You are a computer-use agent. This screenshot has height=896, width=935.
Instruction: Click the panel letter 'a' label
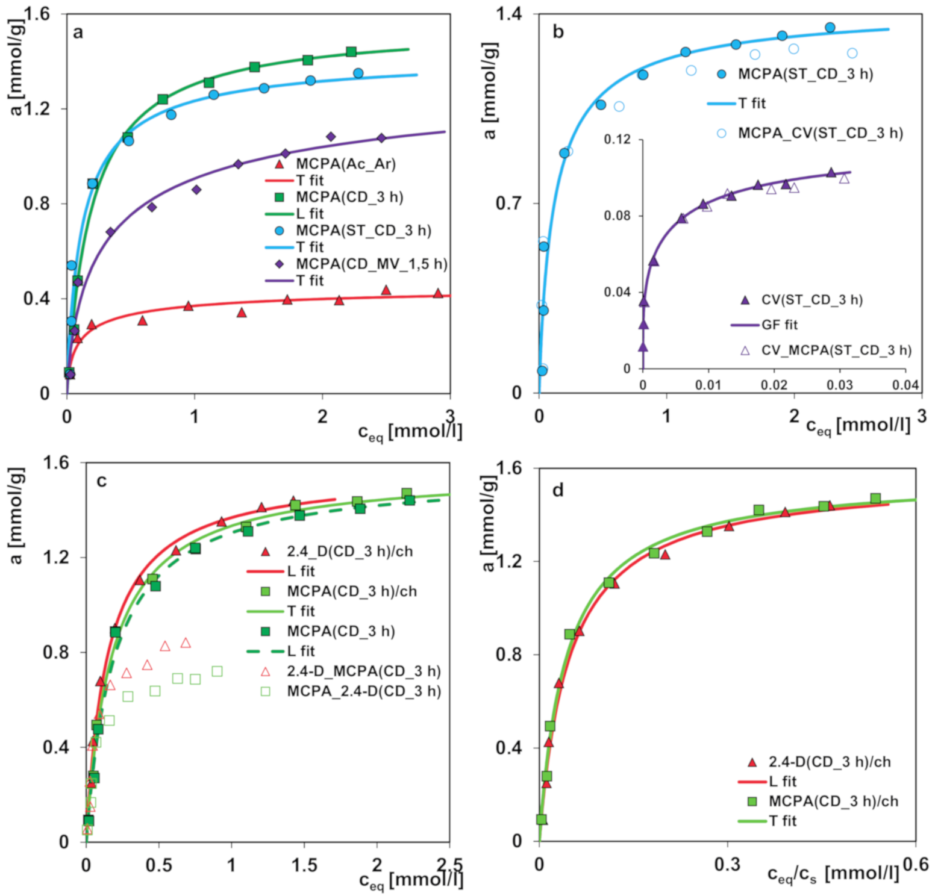coord(78,32)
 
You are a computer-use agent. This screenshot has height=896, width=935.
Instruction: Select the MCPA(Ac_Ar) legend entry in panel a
coord(345,164)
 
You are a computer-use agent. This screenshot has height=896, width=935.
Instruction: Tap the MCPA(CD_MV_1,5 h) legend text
coord(371,264)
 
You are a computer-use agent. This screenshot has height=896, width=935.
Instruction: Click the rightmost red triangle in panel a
coord(438,293)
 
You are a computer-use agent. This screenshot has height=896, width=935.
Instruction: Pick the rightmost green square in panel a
coord(351,52)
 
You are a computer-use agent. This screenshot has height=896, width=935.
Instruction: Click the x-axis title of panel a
coord(410,432)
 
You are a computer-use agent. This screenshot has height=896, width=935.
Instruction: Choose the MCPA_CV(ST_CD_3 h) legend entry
coord(820,133)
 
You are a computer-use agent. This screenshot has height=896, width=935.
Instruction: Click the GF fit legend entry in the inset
coord(779,325)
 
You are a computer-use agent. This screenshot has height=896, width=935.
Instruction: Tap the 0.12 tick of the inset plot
coord(617,140)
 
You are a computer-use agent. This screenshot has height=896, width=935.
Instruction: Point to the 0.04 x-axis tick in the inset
coord(905,385)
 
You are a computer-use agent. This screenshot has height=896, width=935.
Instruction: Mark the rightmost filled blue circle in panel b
coord(830,28)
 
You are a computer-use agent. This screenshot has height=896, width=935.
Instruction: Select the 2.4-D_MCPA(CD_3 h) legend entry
coord(363,671)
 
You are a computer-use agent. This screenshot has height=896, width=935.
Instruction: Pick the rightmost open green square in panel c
coord(217,671)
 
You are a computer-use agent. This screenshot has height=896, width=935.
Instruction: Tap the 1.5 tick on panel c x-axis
coord(304,865)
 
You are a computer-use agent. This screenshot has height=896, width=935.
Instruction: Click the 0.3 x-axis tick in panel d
coord(727,865)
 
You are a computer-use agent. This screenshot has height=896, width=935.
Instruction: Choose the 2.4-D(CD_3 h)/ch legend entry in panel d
coord(829,762)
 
